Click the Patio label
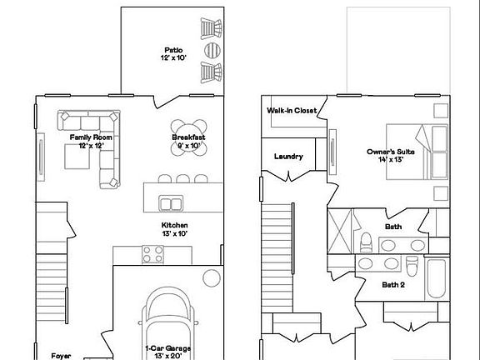click(174, 52)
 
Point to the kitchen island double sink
click(172, 203)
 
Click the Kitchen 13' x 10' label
click(174, 230)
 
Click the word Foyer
click(61, 355)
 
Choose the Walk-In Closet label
click(292, 110)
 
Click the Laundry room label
click(288, 156)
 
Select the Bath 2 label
click(393, 284)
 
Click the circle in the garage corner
click(212, 278)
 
